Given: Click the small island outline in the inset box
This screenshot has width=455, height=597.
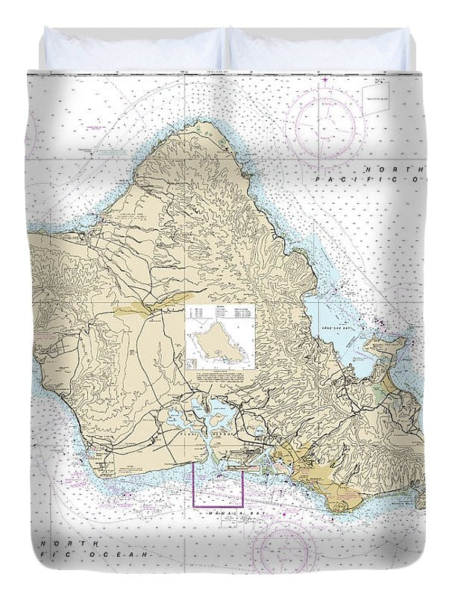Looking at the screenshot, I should click(219, 344).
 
